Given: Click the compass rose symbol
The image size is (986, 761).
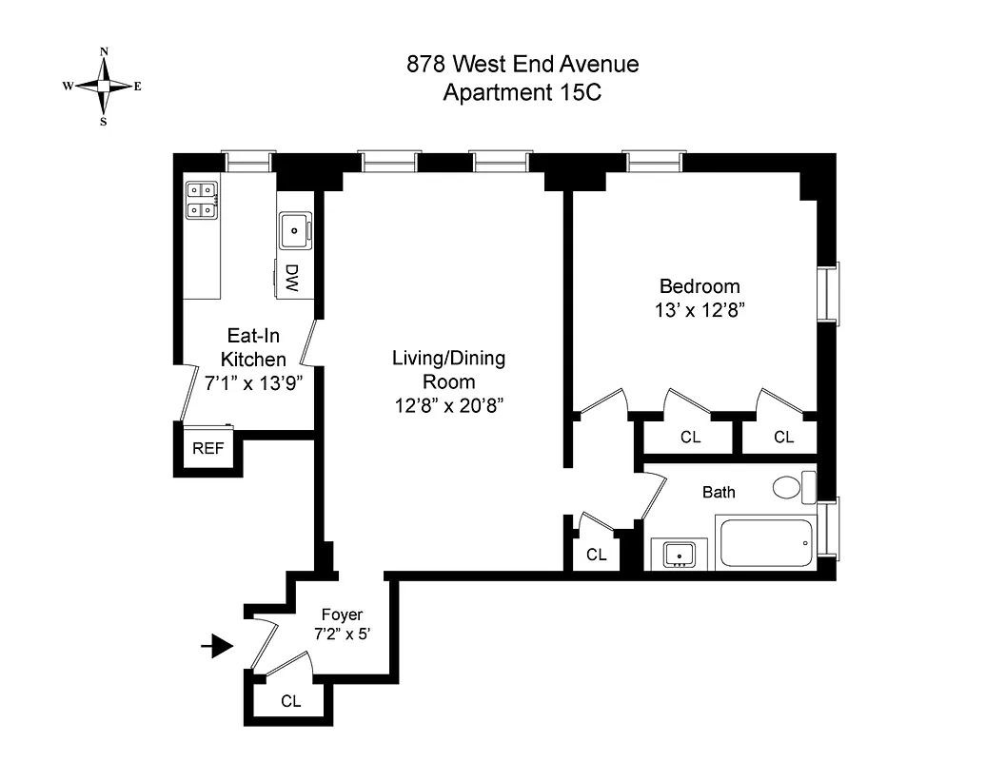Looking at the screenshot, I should pos(103,86).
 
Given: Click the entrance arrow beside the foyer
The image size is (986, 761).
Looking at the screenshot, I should pos(219,648).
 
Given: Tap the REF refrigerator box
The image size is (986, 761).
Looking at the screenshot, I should pos(207,448).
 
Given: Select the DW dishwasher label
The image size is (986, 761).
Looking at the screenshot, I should pos(292,277).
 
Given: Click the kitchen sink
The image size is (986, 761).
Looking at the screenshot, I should pos(295,229).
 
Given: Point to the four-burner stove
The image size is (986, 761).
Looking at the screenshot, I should pos(202,200).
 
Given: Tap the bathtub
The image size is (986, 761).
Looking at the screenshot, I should pos(767,543).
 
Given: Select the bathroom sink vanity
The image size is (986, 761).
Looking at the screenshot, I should pos(679,553).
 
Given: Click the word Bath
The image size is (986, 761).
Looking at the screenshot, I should pos(719,492).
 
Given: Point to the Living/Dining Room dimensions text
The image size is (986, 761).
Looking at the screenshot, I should pos(448,405).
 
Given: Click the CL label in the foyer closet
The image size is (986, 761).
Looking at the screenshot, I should pos(291,702).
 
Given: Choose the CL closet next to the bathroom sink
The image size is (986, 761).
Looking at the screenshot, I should pos(597,555).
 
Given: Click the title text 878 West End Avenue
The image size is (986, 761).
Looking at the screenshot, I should pos(523,65).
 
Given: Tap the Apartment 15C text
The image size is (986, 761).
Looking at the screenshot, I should pos(523,93).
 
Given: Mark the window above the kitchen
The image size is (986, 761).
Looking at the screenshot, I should pos(248,162).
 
